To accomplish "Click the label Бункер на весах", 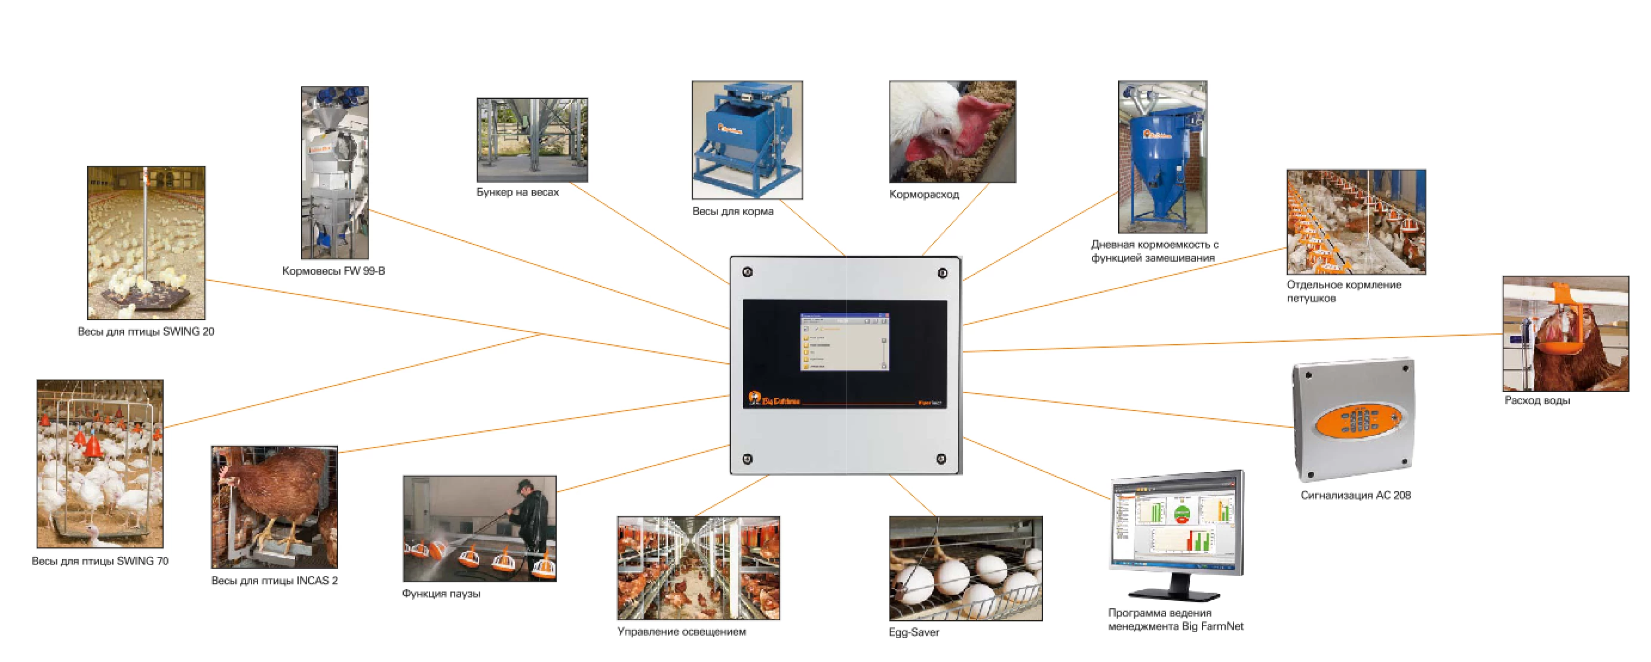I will coord(517,192).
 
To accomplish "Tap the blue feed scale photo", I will coord(747,140).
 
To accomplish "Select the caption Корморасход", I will coord(923,195).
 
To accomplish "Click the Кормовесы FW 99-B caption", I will coord(333,271).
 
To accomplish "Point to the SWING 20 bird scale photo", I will coord(146,243).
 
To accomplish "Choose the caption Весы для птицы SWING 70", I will coord(100,562).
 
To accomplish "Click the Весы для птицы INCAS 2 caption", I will coord(274,581).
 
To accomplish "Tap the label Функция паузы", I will coord(441,594).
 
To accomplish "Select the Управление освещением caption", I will coord(682,632).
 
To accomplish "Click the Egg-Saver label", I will coord(913,633).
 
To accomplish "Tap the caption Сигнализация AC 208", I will coord(1355,495).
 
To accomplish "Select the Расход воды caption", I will coord(1537,400).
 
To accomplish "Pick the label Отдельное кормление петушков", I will coord(1343,292).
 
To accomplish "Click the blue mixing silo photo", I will coord(1162,157).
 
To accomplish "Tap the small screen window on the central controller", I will coord(844,342).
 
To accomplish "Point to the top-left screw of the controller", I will coord(747,272).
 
